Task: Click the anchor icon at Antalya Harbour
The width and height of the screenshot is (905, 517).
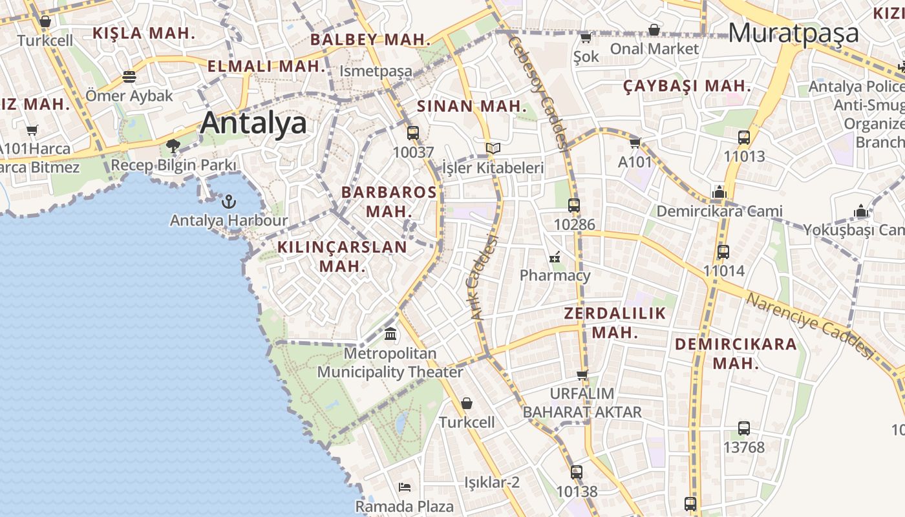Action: click(228, 202)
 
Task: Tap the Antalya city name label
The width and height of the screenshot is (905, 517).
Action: click(253, 123)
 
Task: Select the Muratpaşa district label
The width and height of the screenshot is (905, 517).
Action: click(794, 32)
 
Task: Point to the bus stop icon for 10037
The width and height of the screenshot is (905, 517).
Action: click(413, 133)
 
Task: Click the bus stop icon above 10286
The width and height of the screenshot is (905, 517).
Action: click(574, 206)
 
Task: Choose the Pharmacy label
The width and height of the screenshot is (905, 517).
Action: click(555, 275)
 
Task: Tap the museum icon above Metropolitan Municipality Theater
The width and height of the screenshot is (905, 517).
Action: click(390, 334)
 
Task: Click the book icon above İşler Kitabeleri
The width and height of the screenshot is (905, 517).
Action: click(493, 149)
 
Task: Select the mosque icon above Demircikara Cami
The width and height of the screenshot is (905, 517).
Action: click(719, 192)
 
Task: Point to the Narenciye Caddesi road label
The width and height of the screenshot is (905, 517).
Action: click(809, 326)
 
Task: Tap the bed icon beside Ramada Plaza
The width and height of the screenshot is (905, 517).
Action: click(405, 487)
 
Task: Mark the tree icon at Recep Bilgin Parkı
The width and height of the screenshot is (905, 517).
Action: click(173, 145)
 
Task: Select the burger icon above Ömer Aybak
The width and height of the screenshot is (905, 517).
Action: click(129, 77)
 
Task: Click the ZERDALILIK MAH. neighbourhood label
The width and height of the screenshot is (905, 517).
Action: click(615, 323)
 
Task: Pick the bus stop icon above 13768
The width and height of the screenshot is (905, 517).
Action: click(744, 428)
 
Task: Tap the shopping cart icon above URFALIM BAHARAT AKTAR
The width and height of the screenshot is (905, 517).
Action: click(582, 374)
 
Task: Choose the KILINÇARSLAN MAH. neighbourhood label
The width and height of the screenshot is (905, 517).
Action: click(343, 256)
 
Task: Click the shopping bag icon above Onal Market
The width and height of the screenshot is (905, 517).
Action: click(654, 30)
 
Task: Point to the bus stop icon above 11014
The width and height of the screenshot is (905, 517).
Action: click(723, 252)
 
